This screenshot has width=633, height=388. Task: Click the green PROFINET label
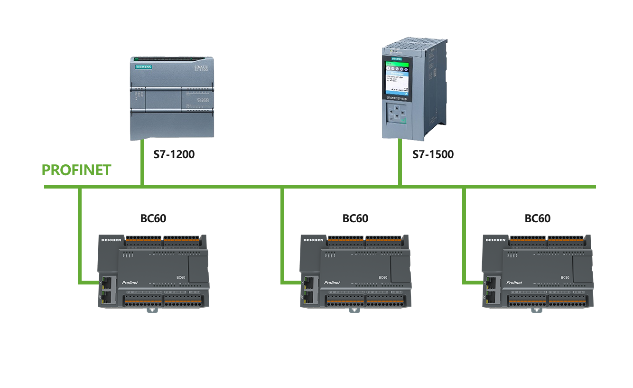tap(76, 170)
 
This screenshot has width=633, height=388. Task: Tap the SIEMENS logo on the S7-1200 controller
tap(144, 67)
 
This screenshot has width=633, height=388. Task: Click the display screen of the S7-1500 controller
tap(397, 76)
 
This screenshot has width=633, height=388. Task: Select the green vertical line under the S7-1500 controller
tap(400, 162)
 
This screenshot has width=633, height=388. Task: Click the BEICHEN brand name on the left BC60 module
tap(111, 240)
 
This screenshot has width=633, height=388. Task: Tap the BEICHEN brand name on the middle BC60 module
tap(313, 240)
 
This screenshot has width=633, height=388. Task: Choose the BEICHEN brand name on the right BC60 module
tap(495, 240)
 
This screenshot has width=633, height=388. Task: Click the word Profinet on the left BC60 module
tap(130, 283)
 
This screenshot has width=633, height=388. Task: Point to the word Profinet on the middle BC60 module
tap(332, 283)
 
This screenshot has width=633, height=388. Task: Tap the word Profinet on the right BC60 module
tap(514, 283)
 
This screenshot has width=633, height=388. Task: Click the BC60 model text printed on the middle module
tap(382, 277)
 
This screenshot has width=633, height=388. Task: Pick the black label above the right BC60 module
tap(537, 218)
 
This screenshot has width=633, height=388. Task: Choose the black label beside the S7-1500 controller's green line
tap(433, 154)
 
